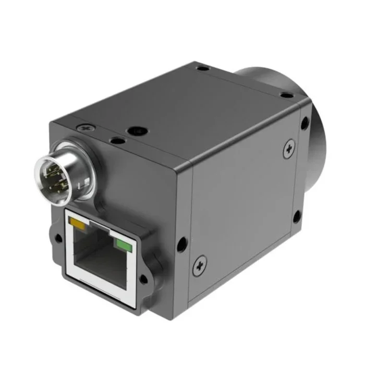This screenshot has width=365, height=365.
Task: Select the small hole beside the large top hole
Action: [116, 140]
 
